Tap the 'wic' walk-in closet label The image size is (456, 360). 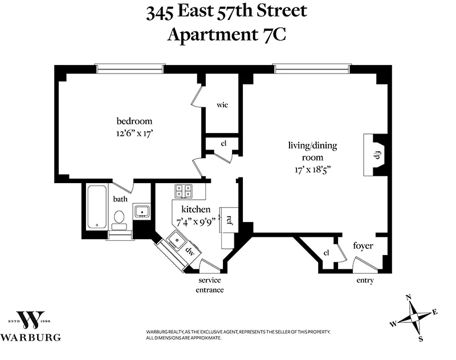[222, 106]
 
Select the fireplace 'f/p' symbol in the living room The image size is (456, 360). [377, 155]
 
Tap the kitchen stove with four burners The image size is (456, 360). [184, 191]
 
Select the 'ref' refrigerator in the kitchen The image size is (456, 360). [229, 219]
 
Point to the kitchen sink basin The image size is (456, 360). [177, 240]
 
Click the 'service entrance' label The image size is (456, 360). [209, 285]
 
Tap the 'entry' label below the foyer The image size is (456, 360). [365, 281]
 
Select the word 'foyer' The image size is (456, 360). [363, 246]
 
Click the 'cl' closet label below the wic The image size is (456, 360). [224, 144]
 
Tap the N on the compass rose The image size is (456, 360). [408, 297]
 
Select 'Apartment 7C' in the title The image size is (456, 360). [227, 34]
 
